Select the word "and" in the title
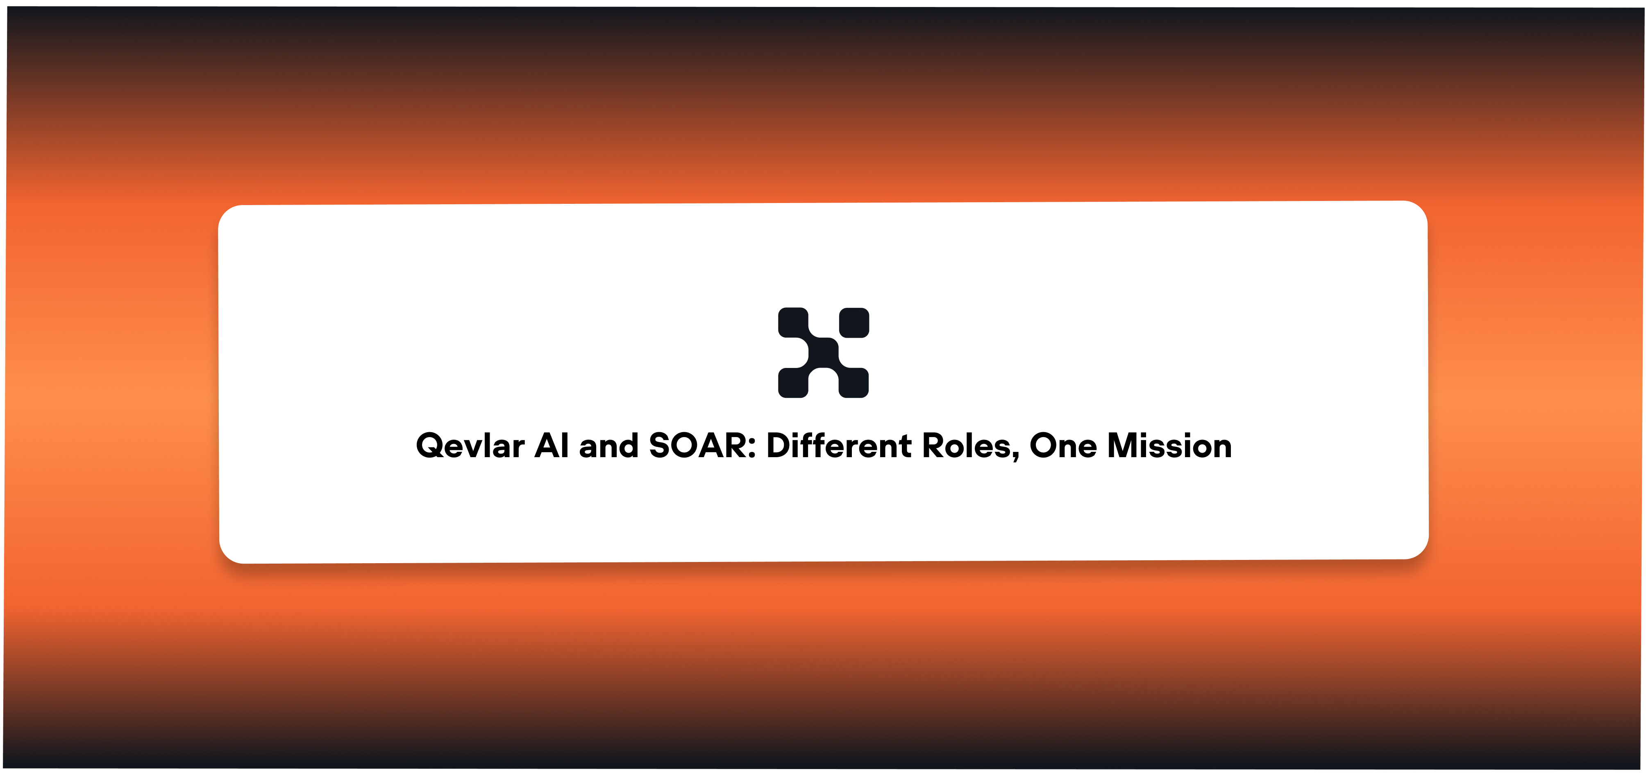pos(608,446)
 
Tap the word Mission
pos(1169,446)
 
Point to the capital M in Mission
pos(1124,446)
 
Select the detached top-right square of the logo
pos(854,323)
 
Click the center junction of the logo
pos(823,353)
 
